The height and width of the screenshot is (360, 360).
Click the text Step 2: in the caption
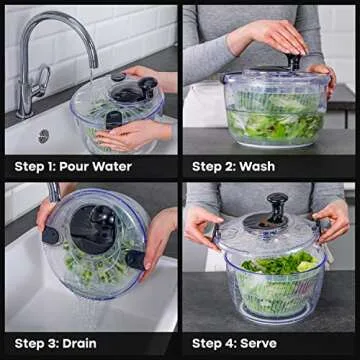tap(214, 166)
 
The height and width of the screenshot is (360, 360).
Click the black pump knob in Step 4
tap(277, 207)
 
